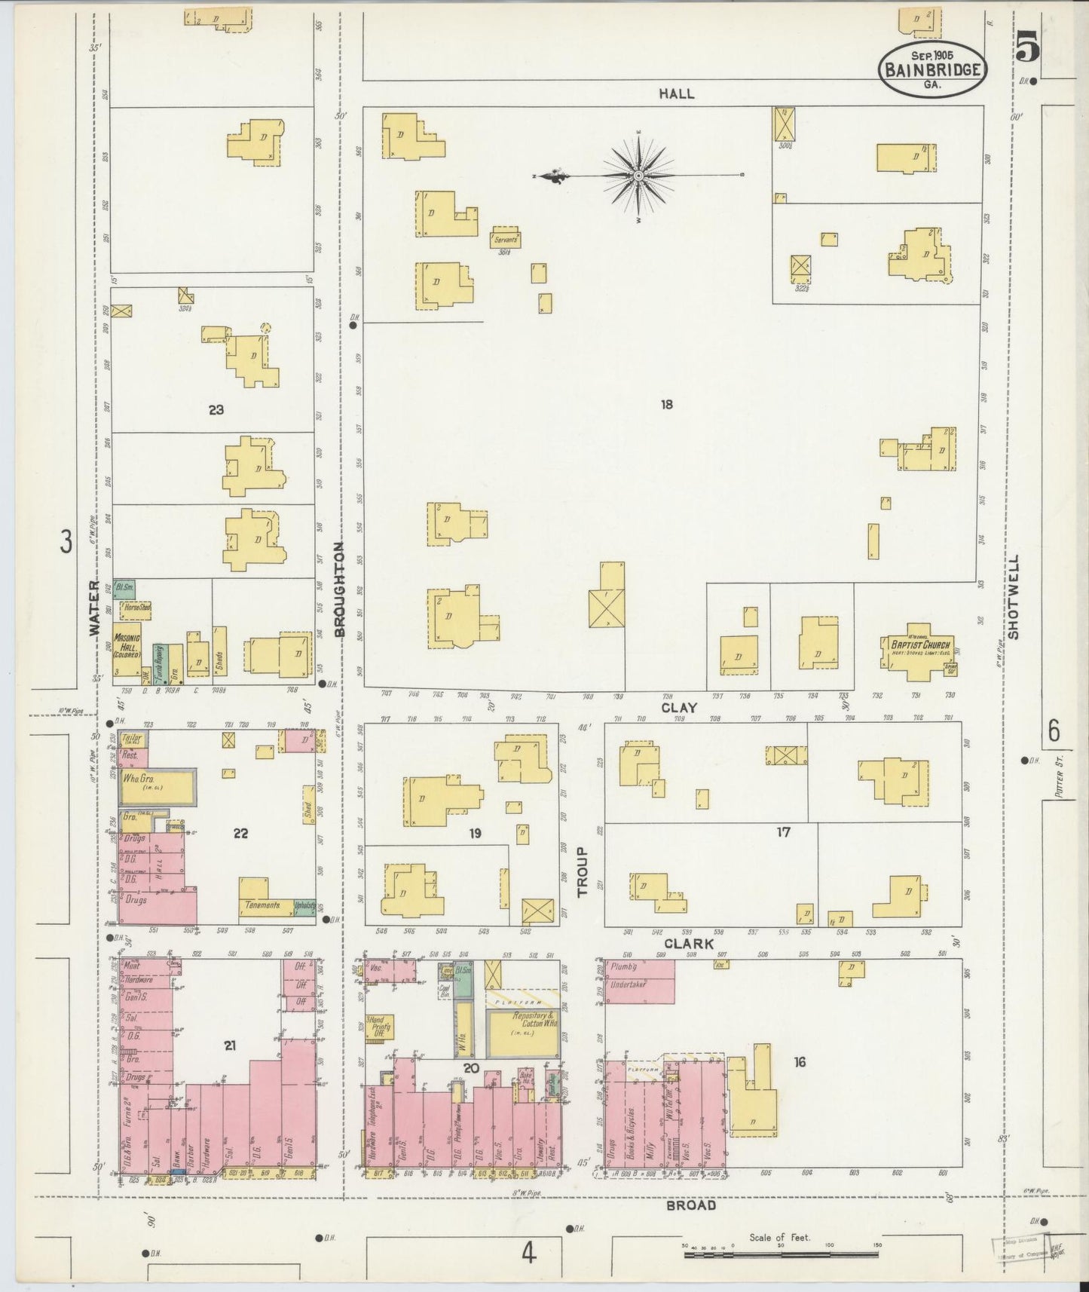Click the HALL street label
[676, 93]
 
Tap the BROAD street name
[691, 1205]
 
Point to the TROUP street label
[583, 871]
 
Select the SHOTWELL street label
[1013, 597]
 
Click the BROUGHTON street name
[339, 590]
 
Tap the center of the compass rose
[638, 176]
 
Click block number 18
[666, 405]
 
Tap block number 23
[216, 410]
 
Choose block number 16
[800, 1062]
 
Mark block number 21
[230, 1045]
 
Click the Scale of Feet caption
[779, 1237]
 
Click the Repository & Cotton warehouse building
[523, 1032]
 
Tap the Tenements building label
[264, 905]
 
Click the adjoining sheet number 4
[528, 1254]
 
